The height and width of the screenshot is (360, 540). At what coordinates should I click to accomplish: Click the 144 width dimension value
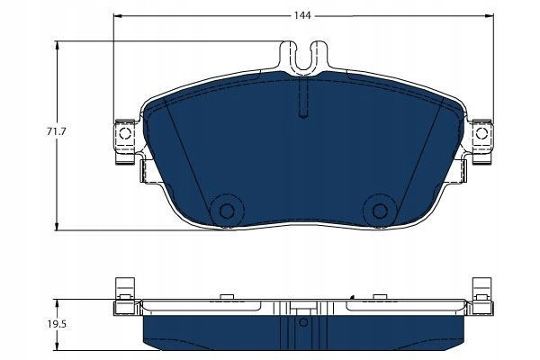pyautogui.click(x=302, y=16)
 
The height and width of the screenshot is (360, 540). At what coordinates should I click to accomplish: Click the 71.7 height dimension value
pyautogui.click(x=54, y=131)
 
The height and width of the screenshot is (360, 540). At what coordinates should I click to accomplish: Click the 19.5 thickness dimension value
pyautogui.click(x=54, y=325)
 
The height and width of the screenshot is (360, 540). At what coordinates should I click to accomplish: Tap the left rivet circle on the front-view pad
pyautogui.click(x=227, y=211)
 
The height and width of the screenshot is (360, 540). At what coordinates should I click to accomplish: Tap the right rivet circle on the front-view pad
pyautogui.click(x=380, y=211)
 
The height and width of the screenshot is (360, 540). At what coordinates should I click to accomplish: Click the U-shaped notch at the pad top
pyautogui.click(x=303, y=58)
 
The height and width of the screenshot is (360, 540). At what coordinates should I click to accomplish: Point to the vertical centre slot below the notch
pyautogui.click(x=303, y=98)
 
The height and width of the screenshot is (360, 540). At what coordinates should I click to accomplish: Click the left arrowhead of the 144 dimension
pyautogui.click(x=118, y=16)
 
